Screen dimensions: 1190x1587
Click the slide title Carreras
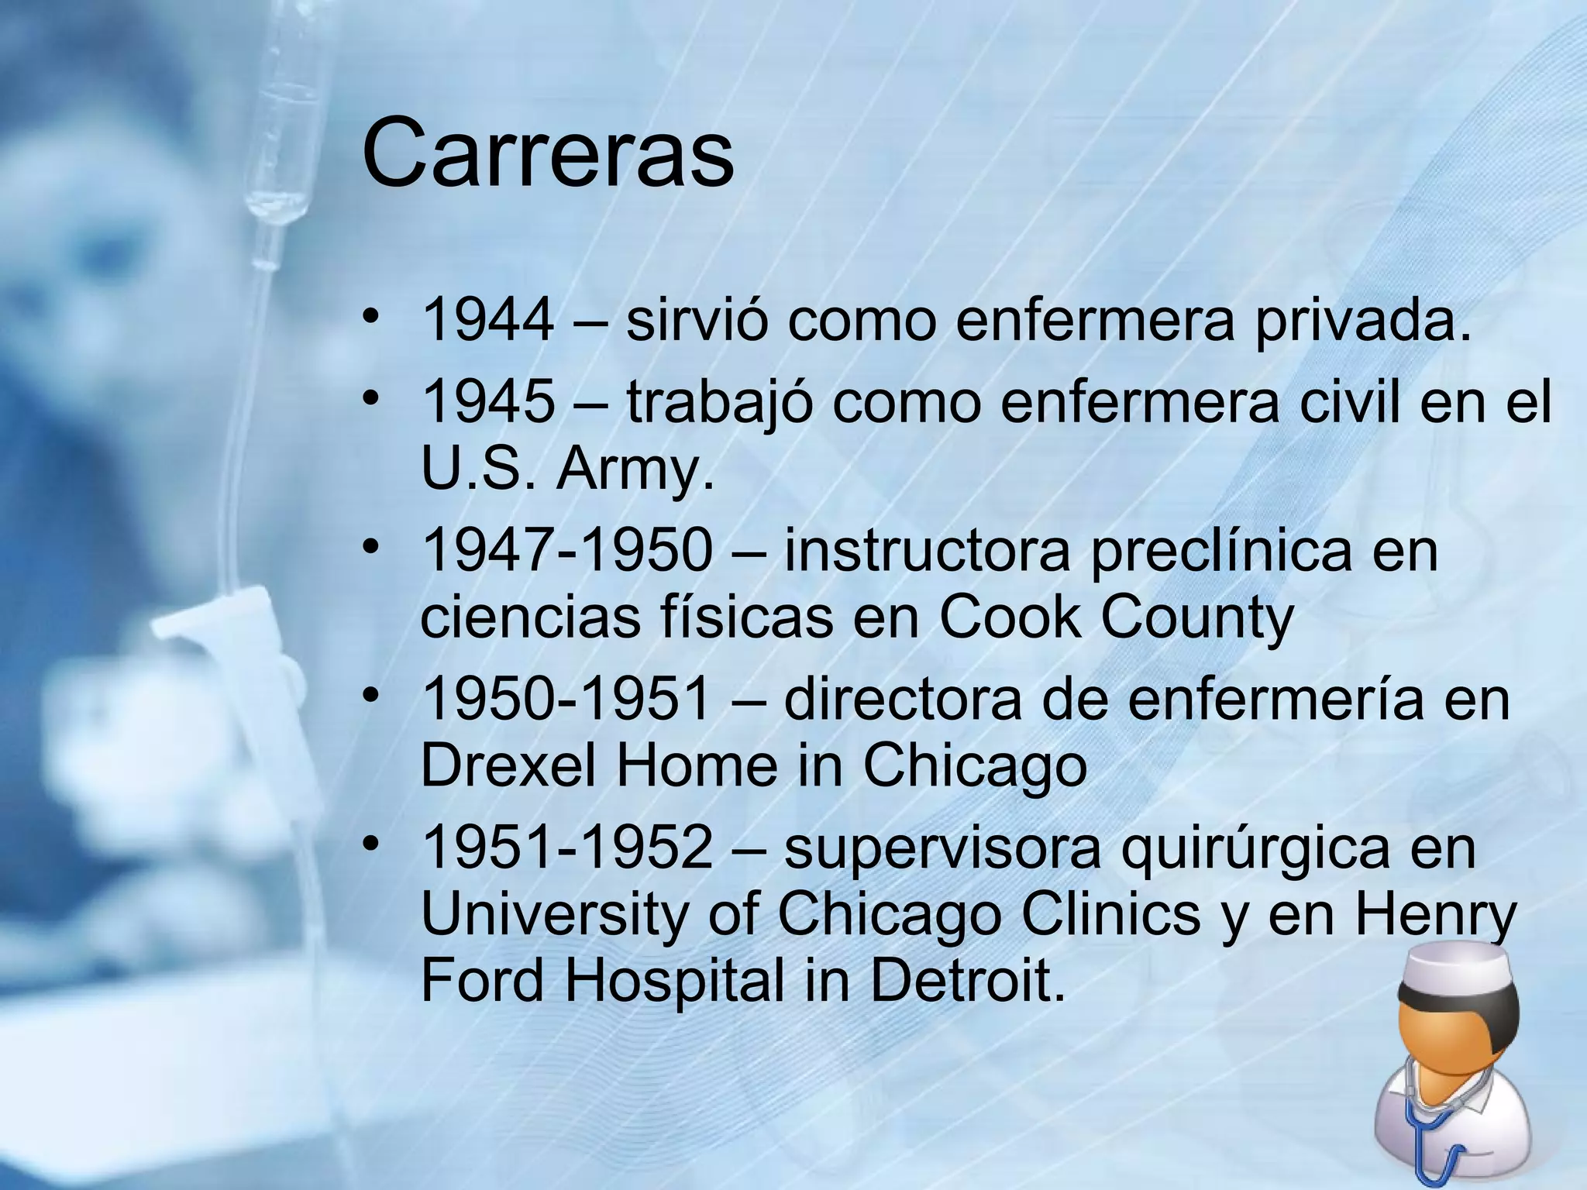[x=547, y=153]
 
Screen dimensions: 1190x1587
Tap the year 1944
[x=488, y=320]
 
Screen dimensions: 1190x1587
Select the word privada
[x=1362, y=320]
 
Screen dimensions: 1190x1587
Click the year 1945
[x=488, y=402]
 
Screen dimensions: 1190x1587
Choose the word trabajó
[x=720, y=404]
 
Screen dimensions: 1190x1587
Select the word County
[x=1196, y=618]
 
